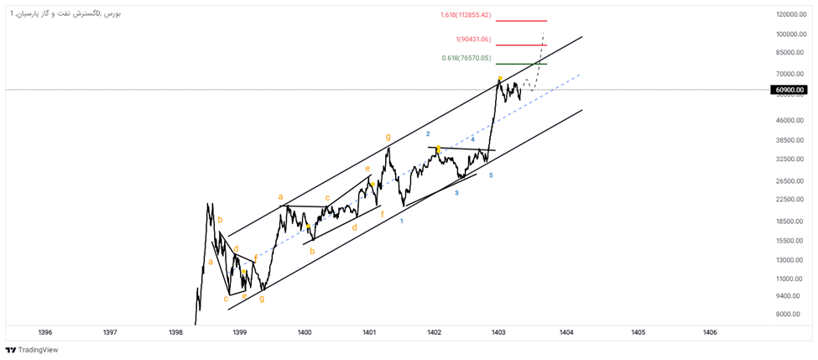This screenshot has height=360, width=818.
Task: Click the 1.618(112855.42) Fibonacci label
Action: [x=465, y=15]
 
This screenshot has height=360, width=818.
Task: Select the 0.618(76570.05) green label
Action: [x=466, y=58]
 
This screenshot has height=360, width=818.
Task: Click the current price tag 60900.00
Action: [x=789, y=90]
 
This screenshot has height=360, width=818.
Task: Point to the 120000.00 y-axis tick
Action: [x=791, y=15]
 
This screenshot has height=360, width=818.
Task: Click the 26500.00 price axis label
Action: [x=791, y=181]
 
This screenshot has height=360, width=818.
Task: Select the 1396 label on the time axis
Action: [x=45, y=332]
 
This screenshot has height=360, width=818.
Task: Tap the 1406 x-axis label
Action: [x=710, y=332]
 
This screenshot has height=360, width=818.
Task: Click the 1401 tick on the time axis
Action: [x=369, y=332]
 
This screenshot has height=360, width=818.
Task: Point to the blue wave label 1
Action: [x=402, y=222]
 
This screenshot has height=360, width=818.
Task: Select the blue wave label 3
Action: [x=456, y=193]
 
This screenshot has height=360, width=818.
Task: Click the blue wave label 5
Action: [x=491, y=175]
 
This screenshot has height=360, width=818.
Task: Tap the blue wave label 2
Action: [x=428, y=134]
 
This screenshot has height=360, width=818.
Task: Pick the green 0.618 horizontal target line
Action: [x=520, y=64]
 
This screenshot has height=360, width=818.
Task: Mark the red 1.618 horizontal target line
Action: [x=520, y=21]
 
